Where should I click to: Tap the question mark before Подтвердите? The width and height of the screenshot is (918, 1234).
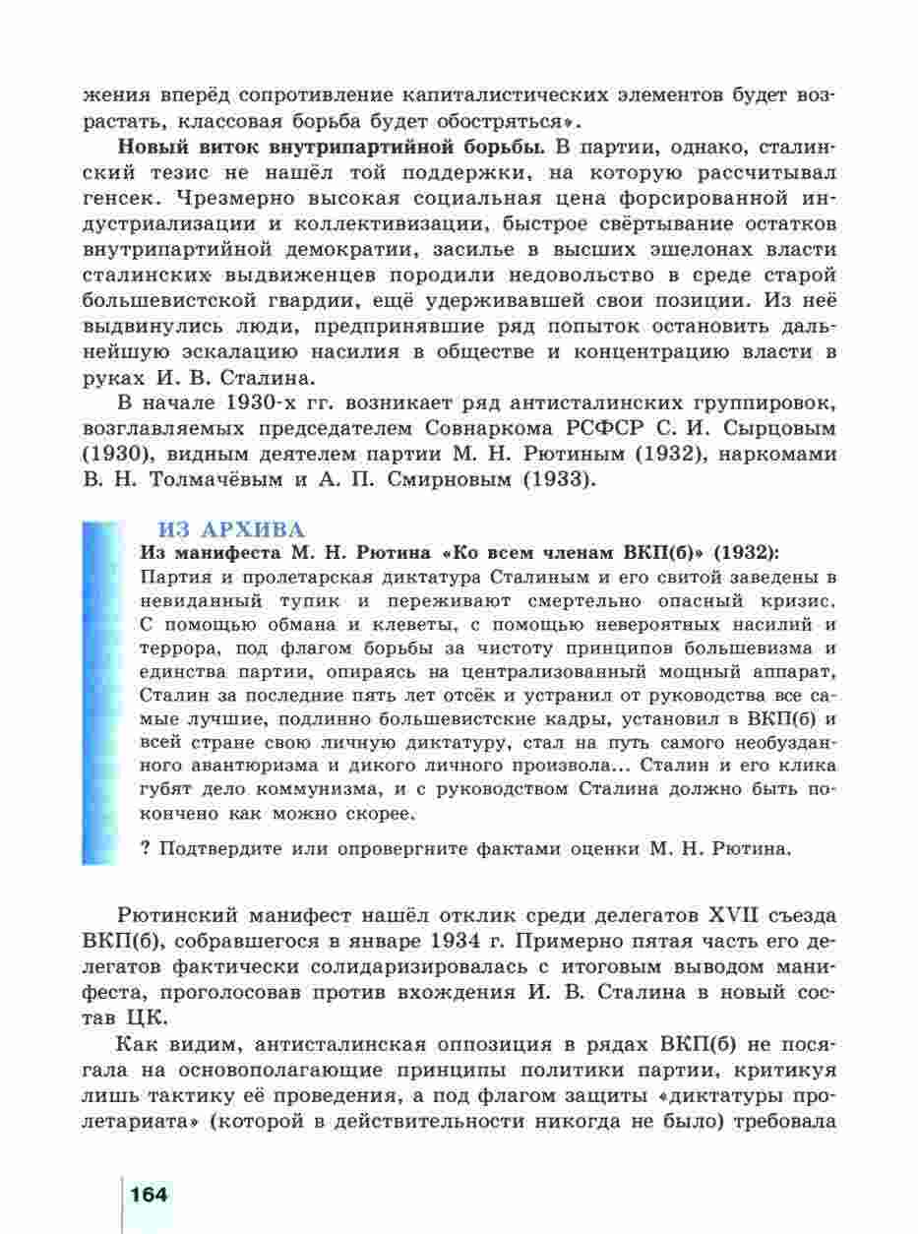[x=146, y=847]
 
